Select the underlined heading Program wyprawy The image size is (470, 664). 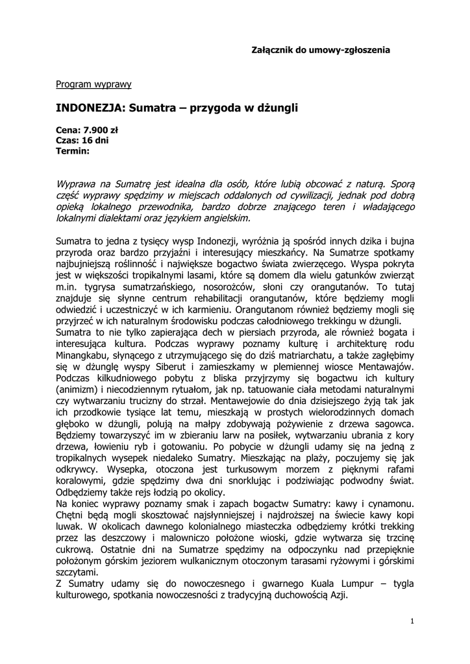93,84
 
